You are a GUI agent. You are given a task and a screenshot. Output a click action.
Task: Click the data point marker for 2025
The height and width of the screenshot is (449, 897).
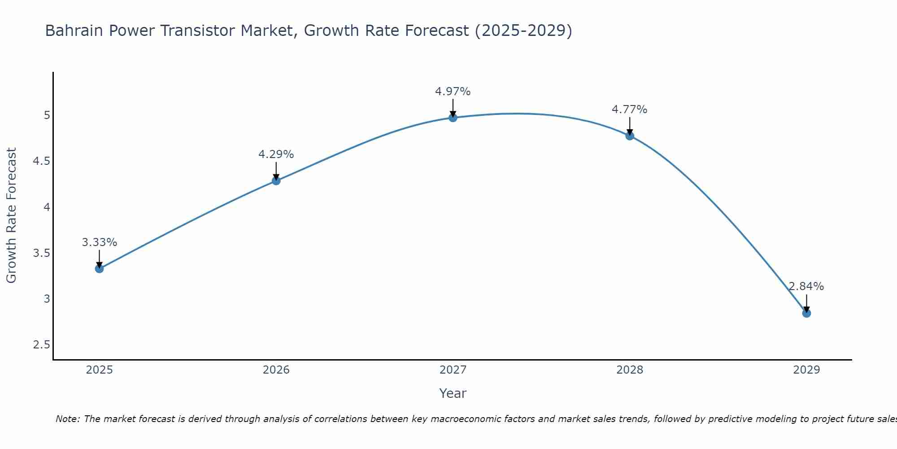(x=99, y=269)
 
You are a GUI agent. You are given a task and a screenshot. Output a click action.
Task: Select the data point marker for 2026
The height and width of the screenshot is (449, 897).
(x=276, y=180)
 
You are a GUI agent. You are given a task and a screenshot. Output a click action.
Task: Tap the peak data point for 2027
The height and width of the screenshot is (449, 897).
(x=453, y=118)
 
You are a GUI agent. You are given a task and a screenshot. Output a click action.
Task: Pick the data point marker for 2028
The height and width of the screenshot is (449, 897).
(x=630, y=136)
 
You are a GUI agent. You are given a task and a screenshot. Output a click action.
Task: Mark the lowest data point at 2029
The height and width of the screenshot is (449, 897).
(x=806, y=313)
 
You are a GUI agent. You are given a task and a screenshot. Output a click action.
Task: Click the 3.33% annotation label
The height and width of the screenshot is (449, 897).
(x=99, y=242)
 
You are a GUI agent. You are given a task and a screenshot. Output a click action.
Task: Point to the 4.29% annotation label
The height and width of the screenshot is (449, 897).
(x=276, y=154)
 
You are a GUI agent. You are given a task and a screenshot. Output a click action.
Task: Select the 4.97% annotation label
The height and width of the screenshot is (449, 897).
(x=453, y=92)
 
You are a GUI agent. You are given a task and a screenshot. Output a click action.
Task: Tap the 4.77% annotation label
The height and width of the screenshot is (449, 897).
(x=630, y=110)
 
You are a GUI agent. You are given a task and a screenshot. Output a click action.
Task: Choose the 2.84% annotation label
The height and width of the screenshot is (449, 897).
(x=806, y=286)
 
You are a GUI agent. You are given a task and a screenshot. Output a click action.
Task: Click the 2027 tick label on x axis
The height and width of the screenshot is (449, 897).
(x=453, y=370)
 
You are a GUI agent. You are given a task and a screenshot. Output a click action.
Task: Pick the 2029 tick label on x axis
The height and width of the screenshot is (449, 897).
(x=806, y=370)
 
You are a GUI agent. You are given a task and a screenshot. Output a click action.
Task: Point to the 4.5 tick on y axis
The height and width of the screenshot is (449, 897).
(x=41, y=161)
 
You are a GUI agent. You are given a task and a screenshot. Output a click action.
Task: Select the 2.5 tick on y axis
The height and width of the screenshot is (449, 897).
(x=41, y=345)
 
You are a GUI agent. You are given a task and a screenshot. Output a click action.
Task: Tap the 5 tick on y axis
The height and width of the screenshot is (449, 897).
(x=47, y=115)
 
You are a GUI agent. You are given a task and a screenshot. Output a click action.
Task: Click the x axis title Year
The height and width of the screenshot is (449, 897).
(x=453, y=393)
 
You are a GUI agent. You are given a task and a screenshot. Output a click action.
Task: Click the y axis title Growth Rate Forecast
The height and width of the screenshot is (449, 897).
(x=11, y=215)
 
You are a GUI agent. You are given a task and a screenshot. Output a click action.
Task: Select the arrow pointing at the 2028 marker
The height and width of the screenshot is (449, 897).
(x=630, y=126)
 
